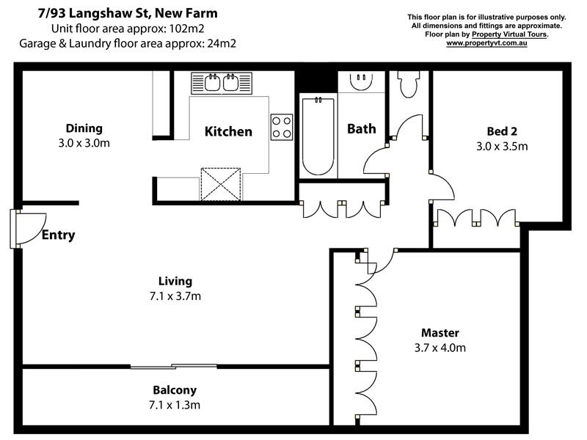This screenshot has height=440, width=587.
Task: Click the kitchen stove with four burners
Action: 282,127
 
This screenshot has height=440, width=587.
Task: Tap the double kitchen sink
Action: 222,83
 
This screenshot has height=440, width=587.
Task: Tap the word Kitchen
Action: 228,132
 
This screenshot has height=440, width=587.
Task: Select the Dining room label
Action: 84,128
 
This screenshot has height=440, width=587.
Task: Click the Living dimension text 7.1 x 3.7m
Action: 175,296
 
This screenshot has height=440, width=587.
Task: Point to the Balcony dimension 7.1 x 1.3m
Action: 175,405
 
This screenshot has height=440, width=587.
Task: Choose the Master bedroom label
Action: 440,332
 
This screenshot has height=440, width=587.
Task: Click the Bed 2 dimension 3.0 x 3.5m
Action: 502,146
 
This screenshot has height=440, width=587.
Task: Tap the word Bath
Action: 361,129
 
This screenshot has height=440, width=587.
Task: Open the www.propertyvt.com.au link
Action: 486,43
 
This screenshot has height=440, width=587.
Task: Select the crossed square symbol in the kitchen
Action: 222,183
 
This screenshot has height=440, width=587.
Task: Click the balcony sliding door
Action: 174,366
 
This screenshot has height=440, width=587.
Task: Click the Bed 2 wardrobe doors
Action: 476,218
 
